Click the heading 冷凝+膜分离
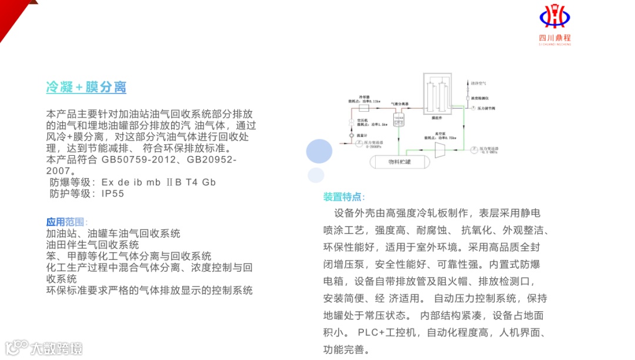coord(86,88)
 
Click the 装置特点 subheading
coord(344,196)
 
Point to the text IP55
coord(113,194)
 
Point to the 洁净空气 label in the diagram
coord(479,84)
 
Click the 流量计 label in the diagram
coord(355,135)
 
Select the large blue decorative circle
coord(323,151)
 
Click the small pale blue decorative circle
coord(316,175)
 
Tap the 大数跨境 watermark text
coord(56,348)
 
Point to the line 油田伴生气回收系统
coord(93,245)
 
